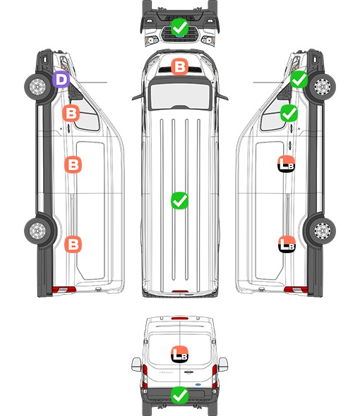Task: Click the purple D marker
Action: [x=61, y=80]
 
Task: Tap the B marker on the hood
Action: [x=179, y=66]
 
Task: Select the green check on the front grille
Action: [x=179, y=27]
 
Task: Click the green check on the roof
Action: [x=179, y=200]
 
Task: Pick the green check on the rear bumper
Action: [x=179, y=395]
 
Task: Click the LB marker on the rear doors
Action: [x=179, y=354]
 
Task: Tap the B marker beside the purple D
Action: [x=71, y=114]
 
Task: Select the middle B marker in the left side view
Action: [x=73, y=164]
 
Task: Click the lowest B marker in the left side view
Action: [x=73, y=244]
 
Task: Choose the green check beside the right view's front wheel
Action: [x=299, y=80]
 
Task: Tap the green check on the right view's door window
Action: [x=289, y=114]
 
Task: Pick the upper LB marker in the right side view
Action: [x=287, y=164]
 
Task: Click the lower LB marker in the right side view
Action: [x=287, y=244]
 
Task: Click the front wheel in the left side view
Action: [x=37, y=87]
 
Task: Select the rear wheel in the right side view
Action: [x=323, y=231]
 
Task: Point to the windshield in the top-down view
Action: [x=180, y=96]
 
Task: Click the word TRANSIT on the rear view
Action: [x=166, y=372]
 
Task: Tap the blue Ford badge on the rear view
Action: [x=198, y=384]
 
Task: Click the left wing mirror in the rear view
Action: [x=136, y=365]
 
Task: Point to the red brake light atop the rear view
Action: [x=180, y=318]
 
